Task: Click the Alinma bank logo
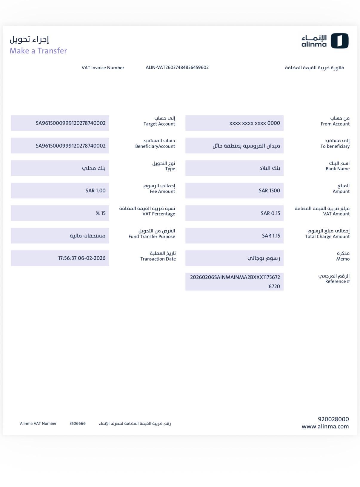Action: (x=325, y=41)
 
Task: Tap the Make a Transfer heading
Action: (x=38, y=51)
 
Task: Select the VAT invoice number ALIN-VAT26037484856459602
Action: (x=177, y=68)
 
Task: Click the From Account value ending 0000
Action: (x=254, y=123)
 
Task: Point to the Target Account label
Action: (x=159, y=124)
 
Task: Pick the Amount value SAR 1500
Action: (x=269, y=191)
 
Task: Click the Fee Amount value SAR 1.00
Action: (x=95, y=191)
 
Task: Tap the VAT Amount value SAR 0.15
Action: (x=270, y=213)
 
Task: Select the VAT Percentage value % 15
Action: (x=101, y=213)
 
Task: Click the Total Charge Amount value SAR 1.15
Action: (x=271, y=236)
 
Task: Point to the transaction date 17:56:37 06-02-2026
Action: (x=82, y=258)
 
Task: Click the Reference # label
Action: (x=337, y=281)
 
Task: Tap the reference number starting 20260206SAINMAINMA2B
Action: (x=235, y=281)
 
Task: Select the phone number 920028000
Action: (x=333, y=419)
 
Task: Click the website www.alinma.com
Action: (x=325, y=426)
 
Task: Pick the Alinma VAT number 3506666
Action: (x=78, y=423)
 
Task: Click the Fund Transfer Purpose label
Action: (x=152, y=237)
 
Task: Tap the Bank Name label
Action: (x=337, y=169)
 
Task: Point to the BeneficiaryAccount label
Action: (x=155, y=146)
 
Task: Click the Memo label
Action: (x=343, y=259)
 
